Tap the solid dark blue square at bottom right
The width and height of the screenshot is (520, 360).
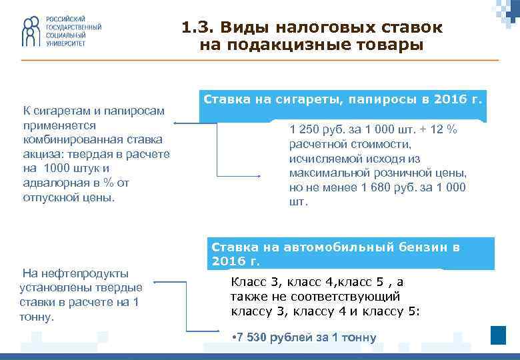pos(498,335)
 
